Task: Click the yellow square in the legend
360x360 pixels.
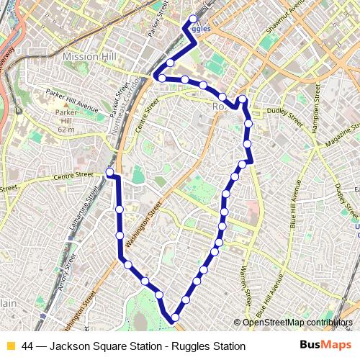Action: pyautogui.click(x=10, y=346)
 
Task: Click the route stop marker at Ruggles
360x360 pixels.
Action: pyautogui.click(x=193, y=19)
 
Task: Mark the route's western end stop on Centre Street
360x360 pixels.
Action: pyautogui.click(x=109, y=173)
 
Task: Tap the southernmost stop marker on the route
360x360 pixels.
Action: pyautogui.click(x=174, y=317)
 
